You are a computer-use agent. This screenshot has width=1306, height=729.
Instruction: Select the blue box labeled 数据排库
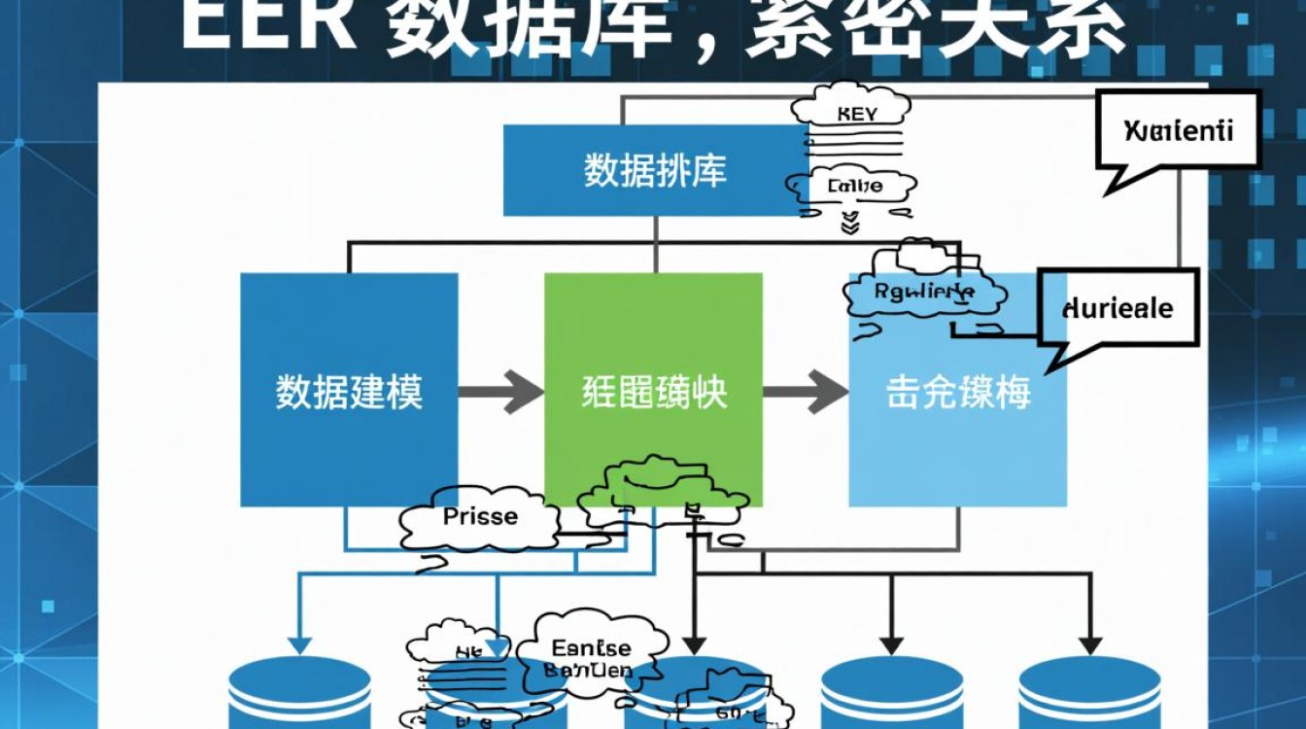[654, 170]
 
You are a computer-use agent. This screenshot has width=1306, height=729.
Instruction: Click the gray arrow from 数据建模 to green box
[500, 392]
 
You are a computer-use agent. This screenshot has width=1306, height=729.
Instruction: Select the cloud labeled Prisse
[480, 518]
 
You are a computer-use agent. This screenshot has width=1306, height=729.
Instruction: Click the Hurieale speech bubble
[1117, 309]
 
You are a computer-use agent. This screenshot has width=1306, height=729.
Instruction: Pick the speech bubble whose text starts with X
[1178, 130]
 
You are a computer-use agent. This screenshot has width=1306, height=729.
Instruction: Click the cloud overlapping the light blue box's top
[923, 290]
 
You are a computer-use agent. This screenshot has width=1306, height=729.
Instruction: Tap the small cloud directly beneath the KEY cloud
[853, 185]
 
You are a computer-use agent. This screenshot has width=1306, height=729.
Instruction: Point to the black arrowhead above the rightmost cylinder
[1089, 644]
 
